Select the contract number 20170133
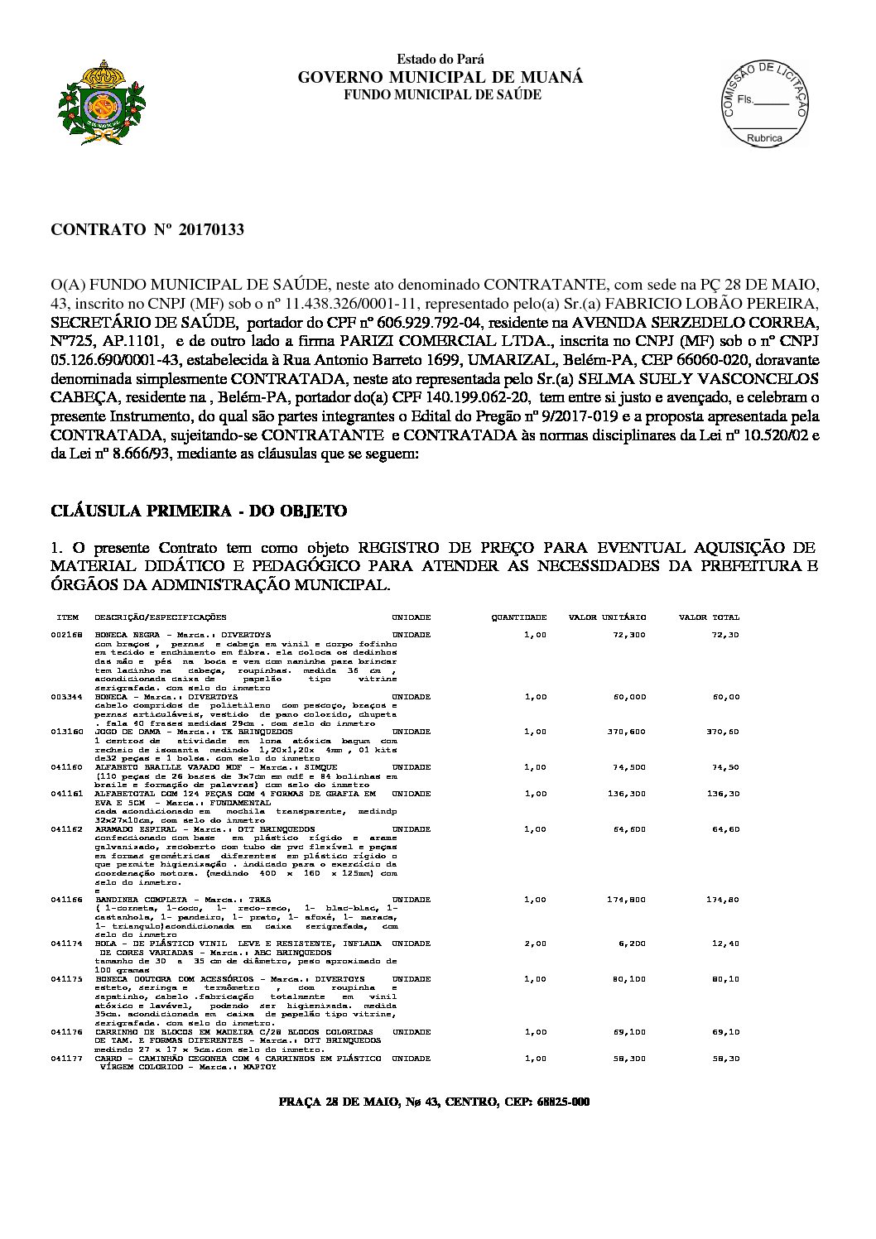[205, 229]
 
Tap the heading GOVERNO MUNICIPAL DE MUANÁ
[440, 77]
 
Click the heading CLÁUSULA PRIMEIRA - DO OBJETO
[199, 511]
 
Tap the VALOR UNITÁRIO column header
[607, 617]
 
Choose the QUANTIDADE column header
[519, 617]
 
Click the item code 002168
[65, 635]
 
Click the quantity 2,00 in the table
[535, 944]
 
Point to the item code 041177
[65, 1059]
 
